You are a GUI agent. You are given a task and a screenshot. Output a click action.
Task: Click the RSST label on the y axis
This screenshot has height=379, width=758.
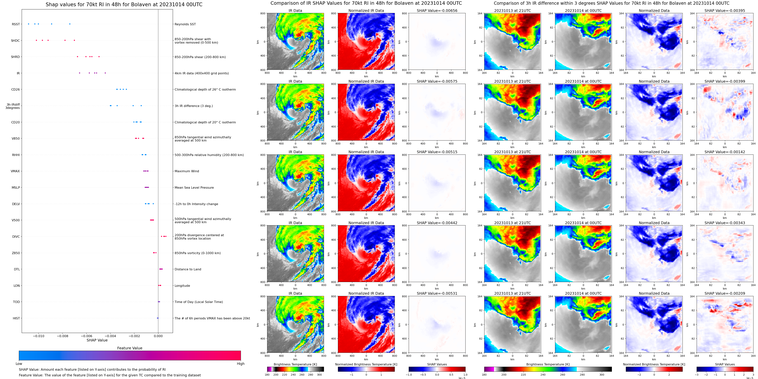[16, 24]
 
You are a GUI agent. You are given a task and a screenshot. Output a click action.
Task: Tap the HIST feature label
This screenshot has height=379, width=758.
[16, 318]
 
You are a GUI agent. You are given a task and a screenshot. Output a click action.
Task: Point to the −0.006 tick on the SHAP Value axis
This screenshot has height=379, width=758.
[86, 336]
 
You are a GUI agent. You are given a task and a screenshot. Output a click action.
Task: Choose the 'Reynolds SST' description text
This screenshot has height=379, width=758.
[185, 24]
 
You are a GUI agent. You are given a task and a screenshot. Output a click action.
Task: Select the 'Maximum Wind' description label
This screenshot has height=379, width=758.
[187, 171]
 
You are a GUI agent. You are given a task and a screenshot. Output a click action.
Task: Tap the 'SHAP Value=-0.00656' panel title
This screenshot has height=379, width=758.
[437, 11]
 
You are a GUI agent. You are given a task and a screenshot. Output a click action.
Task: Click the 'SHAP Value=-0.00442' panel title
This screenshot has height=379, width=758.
[437, 223]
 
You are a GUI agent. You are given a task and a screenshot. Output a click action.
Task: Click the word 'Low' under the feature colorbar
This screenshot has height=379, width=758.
[19, 364]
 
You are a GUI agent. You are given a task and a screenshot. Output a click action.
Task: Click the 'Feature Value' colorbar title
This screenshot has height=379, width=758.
[130, 348]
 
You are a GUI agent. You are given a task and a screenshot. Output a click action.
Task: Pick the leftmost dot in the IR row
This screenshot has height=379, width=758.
[79, 73]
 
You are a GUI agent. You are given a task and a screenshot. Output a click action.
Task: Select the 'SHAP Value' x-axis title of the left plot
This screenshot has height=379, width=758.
[97, 340]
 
